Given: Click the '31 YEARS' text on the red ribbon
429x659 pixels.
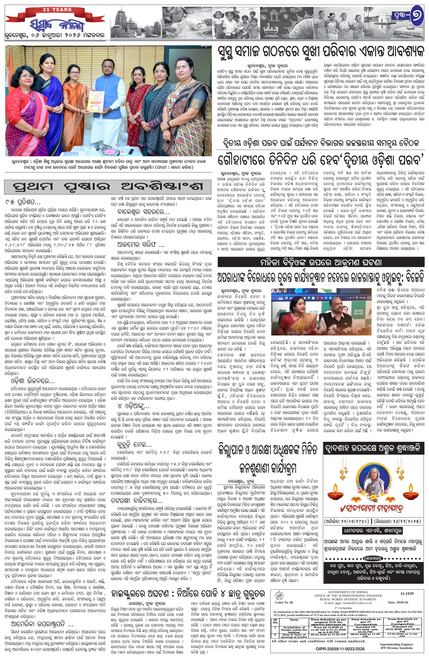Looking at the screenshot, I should [x=57, y=9].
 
